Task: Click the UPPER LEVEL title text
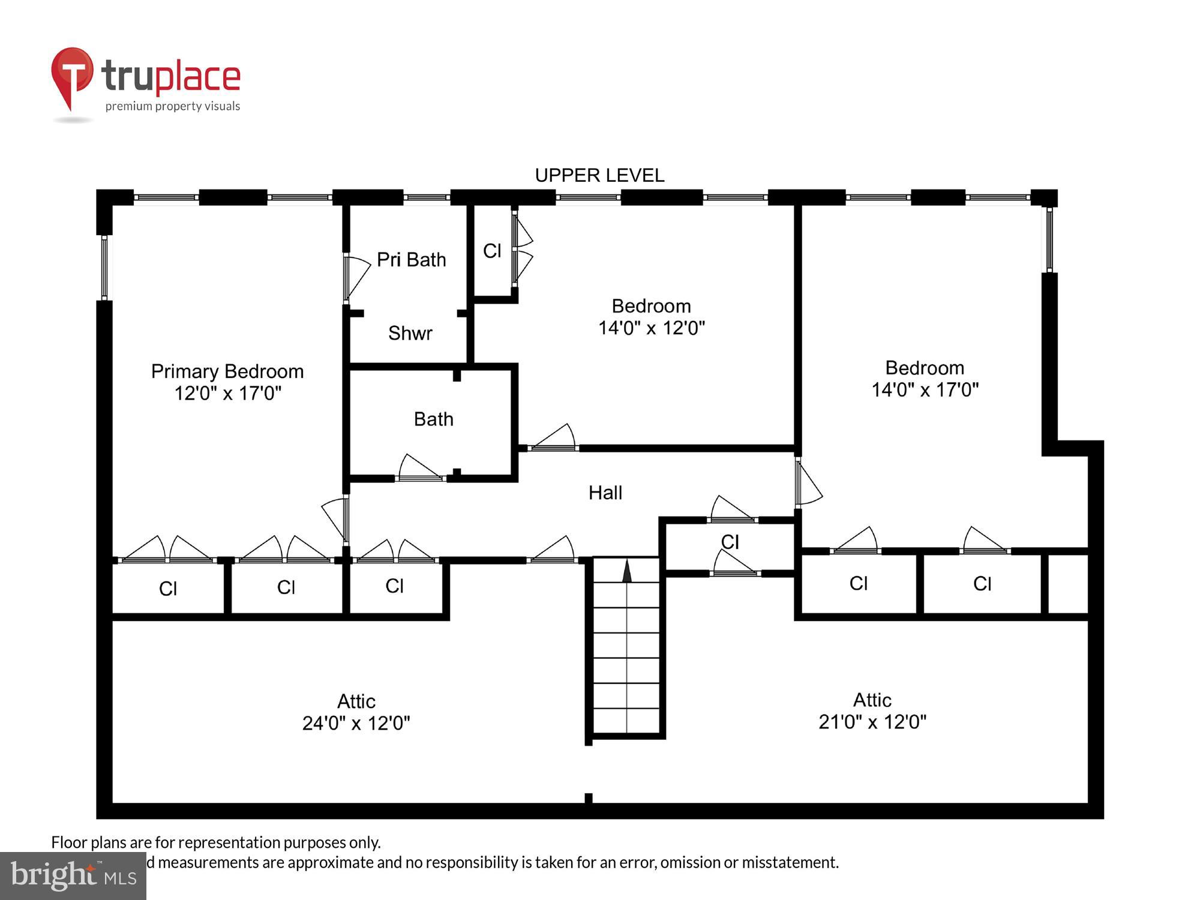tap(599, 175)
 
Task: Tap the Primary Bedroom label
tap(227, 371)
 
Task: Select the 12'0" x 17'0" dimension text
tap(227, 394)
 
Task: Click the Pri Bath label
tap(412, 260)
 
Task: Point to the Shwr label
tap(410, 333)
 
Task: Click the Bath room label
tap(433, 419)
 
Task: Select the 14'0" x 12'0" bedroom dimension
tap(651, 328)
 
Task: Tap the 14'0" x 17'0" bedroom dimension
tap(925, 390)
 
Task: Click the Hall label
tap(605, 493)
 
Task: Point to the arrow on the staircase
tap(627, 571)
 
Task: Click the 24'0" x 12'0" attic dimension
tap(356, 724)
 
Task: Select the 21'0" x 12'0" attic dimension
tap(872, 722)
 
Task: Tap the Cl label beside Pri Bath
tap(492, 251)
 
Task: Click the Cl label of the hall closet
tap(730, 542)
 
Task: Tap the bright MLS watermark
tap(73, 876)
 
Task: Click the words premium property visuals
tap(173, 107)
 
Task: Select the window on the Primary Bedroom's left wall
tap(104, 268)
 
